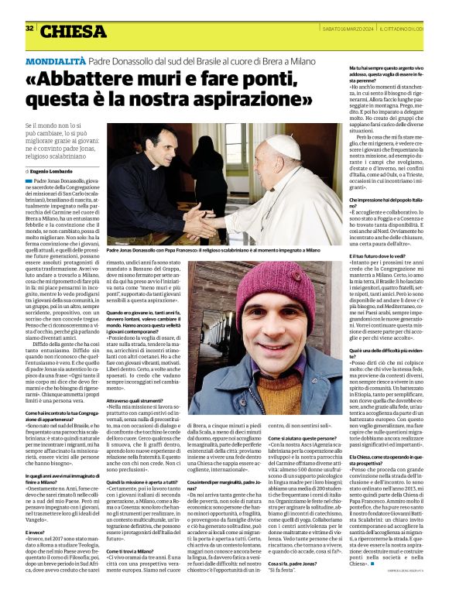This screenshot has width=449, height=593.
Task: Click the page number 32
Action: click(x=29, y=28)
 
